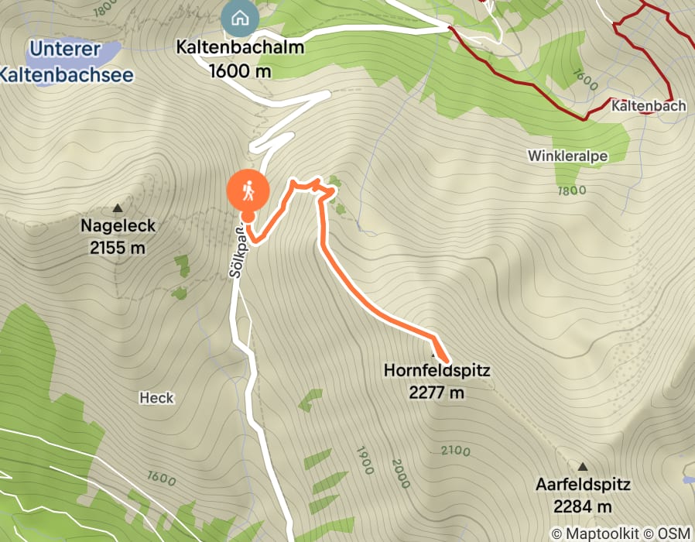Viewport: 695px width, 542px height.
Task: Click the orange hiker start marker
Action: point(248,189)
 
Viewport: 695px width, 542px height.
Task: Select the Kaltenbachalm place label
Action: point(240,47)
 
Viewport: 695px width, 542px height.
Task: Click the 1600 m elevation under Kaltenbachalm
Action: point(240,70)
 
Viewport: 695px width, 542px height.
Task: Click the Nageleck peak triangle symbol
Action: point(118,208)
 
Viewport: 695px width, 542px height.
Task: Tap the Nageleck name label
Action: point(118,226)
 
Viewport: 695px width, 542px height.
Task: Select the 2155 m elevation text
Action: point(118,248)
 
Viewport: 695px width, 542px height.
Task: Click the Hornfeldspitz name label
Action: point(437,371)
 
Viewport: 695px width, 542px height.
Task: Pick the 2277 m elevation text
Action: point(437,393)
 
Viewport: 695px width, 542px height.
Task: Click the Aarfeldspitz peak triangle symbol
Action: point(582,467)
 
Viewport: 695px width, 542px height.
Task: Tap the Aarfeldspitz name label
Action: point(583,485)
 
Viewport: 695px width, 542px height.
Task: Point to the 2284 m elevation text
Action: point(583,507)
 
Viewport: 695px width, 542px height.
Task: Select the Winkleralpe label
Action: point(567,156)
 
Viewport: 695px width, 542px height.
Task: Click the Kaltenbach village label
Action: point(648,105)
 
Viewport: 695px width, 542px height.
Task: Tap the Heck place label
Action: point(156,398)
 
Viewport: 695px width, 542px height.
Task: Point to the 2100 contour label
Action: point(456,451)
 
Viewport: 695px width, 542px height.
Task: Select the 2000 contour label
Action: point(400,472)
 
